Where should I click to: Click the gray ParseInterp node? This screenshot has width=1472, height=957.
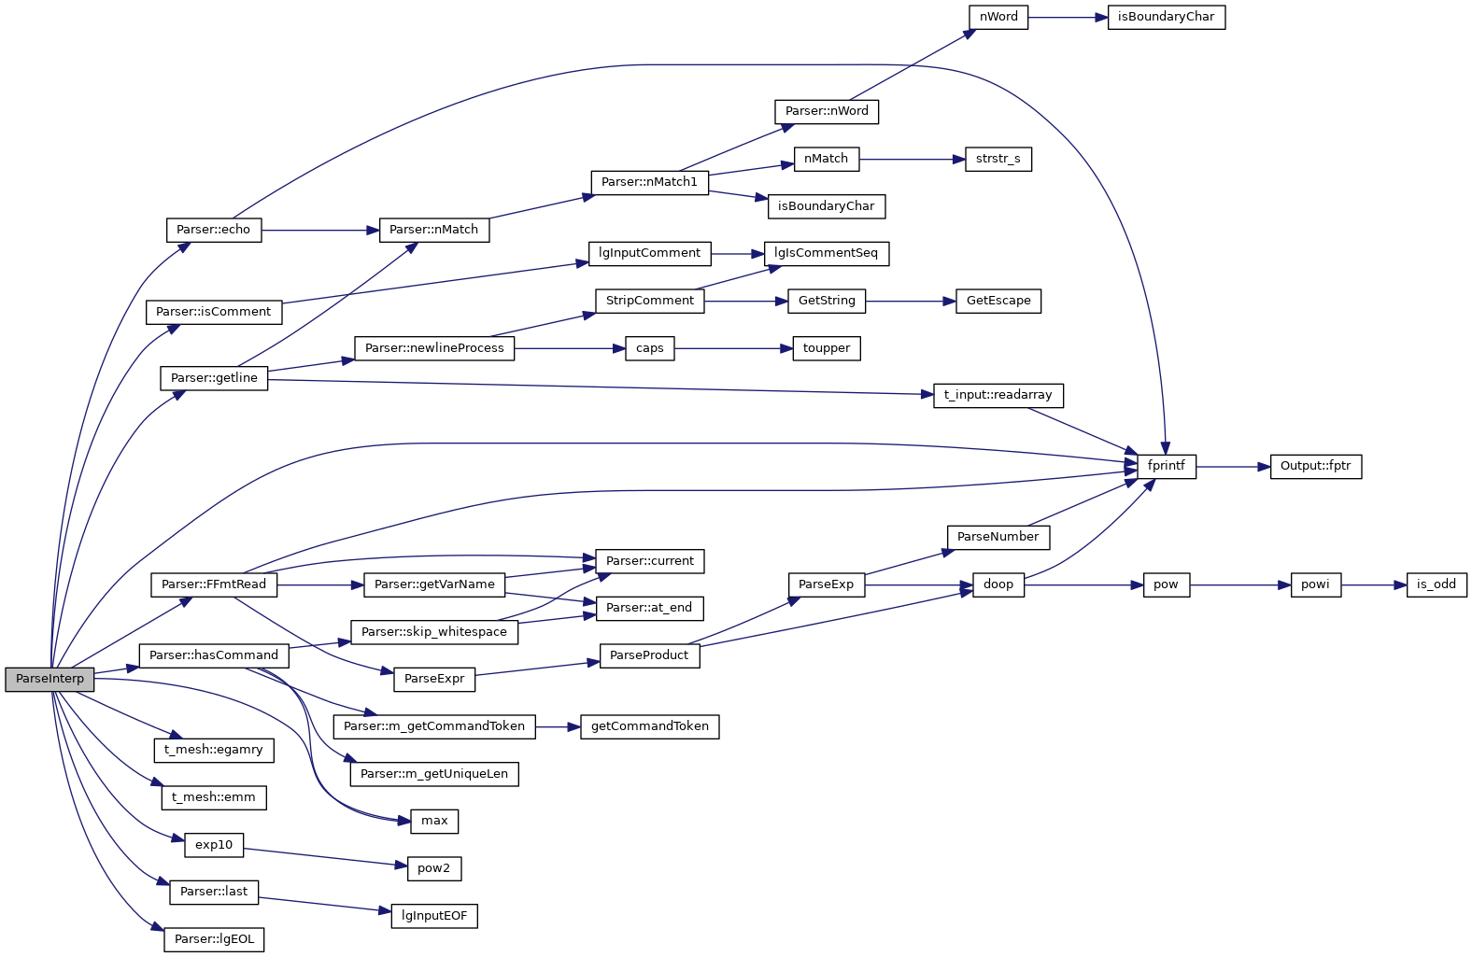(50, 680)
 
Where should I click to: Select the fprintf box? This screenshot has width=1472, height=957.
(1166, 466)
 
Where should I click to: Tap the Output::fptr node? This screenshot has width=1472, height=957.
(1315, 466)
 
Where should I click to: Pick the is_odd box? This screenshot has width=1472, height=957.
(1436, 584)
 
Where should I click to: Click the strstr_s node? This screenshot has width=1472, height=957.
(998, 159)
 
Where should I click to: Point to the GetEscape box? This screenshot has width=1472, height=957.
(998, 301)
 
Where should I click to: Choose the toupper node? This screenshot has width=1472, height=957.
(826, 348)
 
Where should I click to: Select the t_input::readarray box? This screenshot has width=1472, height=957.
(998, 395)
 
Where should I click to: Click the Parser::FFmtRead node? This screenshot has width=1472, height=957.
(214, 584)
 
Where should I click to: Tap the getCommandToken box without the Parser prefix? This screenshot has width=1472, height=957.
(649, 726)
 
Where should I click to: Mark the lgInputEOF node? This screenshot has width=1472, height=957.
(434, 916)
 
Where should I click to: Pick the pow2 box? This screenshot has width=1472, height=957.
(434, 868)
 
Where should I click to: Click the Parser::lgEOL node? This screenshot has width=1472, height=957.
(214, 939)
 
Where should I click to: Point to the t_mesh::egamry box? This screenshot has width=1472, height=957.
(214, 750)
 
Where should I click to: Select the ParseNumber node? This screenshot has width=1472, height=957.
(998, 537)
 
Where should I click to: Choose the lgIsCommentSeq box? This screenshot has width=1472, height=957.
(826, 253)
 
